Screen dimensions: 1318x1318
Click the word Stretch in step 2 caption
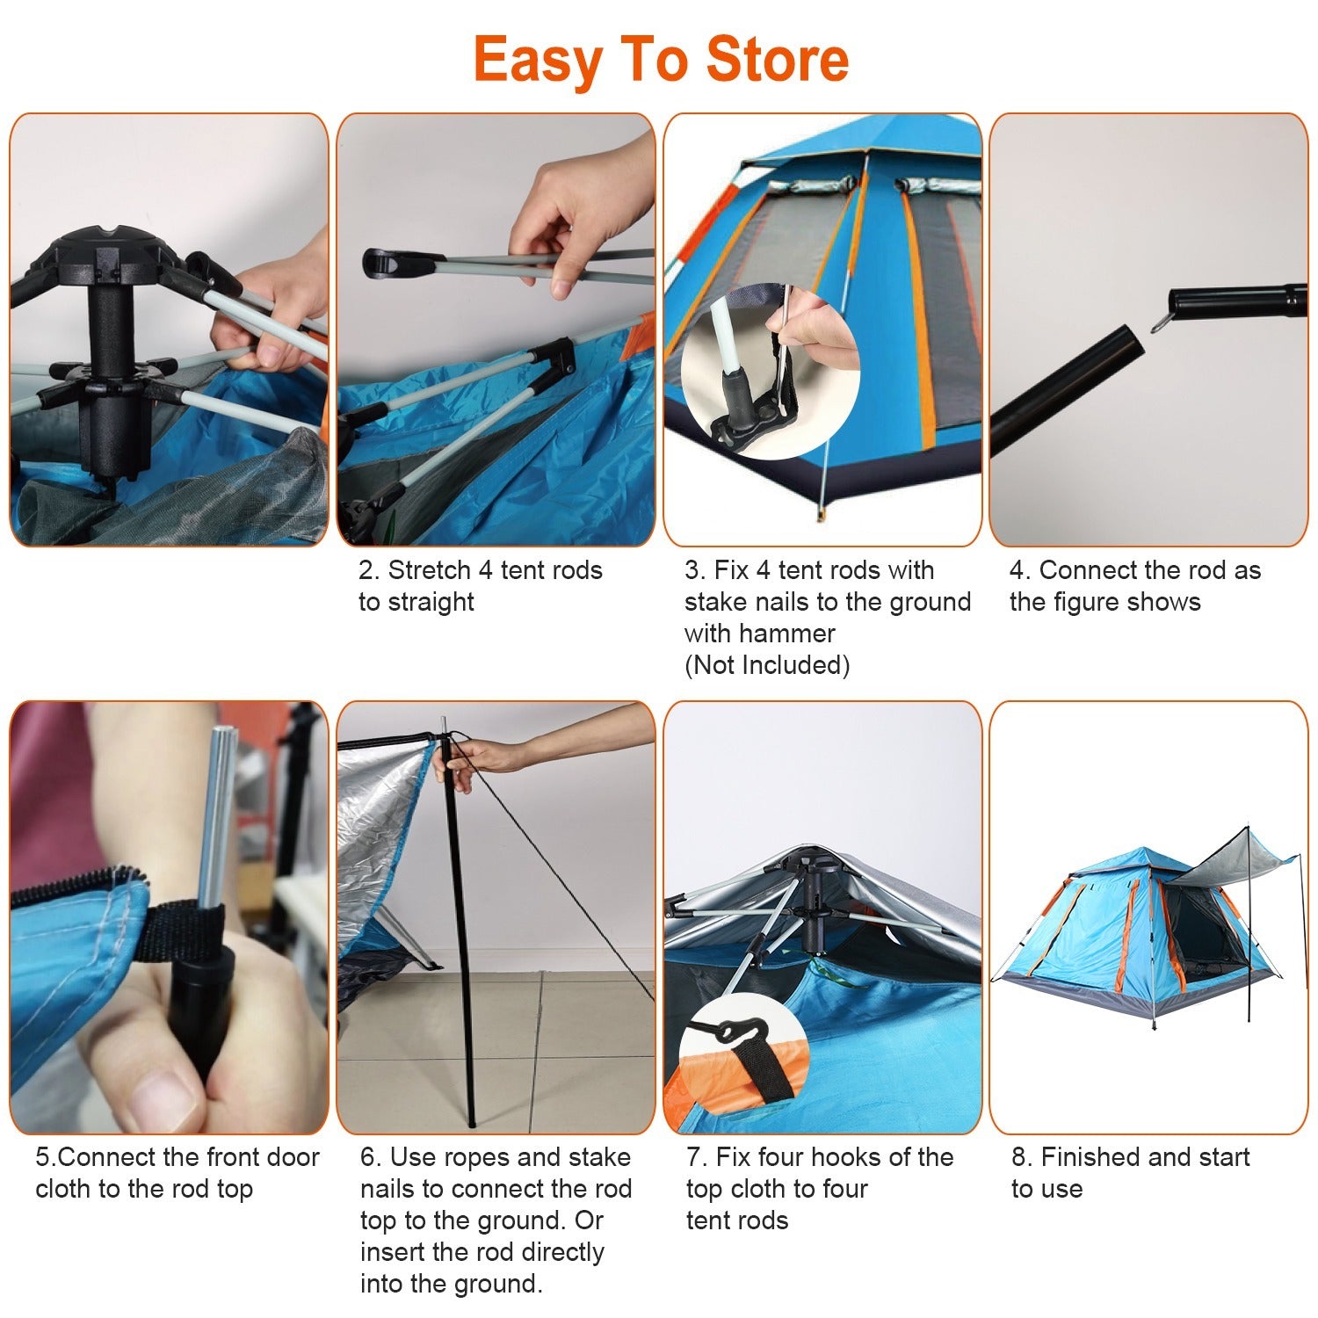click(430, 570)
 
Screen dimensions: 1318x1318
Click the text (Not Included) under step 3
click(767, 665)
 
